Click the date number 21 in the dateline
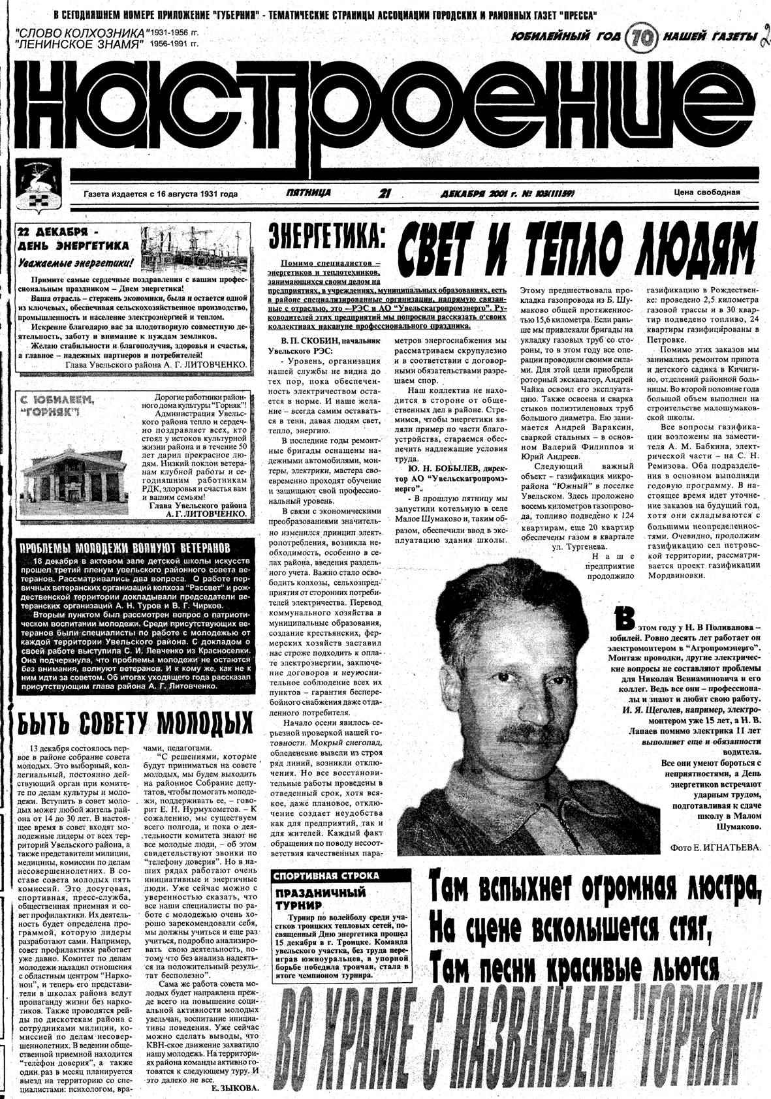[385, 193]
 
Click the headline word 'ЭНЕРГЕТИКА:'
[326, 240]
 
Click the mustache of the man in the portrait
[522, 732]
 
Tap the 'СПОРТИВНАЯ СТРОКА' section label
[326, 876]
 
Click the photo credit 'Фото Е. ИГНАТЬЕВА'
[716, 848]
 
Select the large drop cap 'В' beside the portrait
[624, 617]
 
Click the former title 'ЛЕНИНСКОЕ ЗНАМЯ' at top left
[81, 44]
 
